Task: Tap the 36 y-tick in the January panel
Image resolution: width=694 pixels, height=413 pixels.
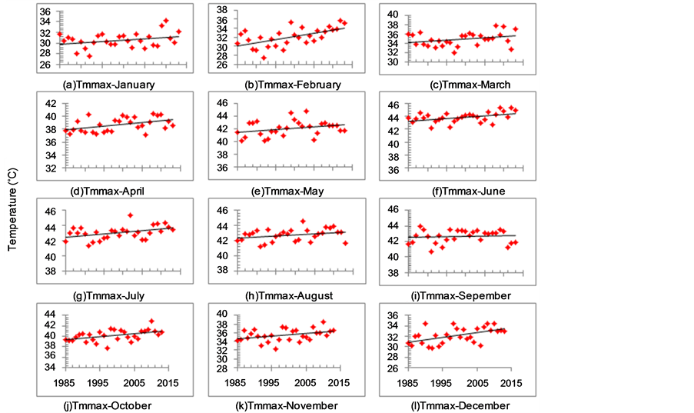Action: (x=46, y=12)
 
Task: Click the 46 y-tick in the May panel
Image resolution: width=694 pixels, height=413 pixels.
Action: (x=221, y=102)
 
